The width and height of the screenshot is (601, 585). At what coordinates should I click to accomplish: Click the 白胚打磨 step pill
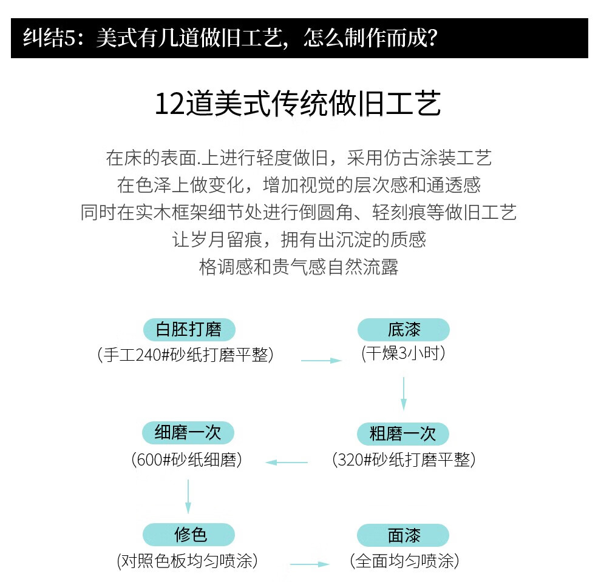(x=189, y=330)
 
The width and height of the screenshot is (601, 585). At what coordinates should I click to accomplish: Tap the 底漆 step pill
(x=404, y=330)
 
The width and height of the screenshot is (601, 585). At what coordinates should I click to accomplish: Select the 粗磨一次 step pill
(x=403, y=434)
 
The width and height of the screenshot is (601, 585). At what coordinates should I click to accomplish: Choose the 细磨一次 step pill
(x=188, y=433)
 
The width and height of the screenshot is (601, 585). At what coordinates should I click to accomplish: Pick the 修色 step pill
(x=189, y=535)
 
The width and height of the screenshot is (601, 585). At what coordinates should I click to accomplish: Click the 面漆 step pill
(x=403, y=536)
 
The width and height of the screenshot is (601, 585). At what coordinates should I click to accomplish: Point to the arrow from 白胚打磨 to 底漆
(x=322, y=361)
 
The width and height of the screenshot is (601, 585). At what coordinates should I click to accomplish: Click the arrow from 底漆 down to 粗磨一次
(x=404, y=394)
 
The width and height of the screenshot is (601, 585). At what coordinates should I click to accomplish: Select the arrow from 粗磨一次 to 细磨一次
(x=287, y=463)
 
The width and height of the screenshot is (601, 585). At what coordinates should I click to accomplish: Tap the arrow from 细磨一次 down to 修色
(x=188, y=497)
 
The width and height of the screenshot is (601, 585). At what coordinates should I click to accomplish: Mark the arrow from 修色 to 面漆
(x=310, y=564)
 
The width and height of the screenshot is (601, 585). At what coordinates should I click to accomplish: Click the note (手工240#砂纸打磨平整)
(x=186, y=355)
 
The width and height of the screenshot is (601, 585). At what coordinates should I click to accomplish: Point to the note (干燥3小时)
(x=404, y=353)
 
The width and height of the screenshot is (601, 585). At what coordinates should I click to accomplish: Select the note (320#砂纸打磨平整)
(x=404, y=460)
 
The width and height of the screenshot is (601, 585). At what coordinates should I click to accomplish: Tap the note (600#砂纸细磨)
(x=187, y=460)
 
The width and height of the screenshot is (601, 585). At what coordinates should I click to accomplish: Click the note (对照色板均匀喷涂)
(x=187, y=561)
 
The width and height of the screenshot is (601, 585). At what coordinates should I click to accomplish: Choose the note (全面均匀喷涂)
(x=404, y=561)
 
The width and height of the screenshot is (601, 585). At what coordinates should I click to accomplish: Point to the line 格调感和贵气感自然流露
(x=299, y=267)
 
